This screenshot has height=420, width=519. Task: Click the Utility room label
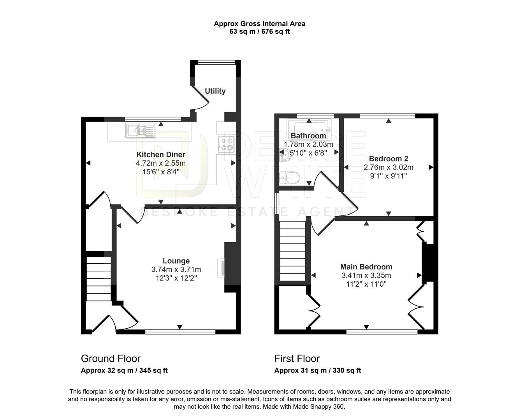tap(215, 91)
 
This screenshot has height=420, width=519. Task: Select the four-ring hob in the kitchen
tap(226, 144)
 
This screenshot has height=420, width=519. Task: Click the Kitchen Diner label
tap(160, 154)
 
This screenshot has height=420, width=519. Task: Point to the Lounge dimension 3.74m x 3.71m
tap(176, 269)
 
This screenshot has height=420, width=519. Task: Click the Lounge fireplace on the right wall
tap(230, 268)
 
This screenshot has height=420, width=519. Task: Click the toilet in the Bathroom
tap(291, 178)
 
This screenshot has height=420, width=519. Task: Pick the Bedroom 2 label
tap(388, 159)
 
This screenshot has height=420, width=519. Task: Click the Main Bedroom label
tap(366, 267)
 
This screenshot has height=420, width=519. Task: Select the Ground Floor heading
tap(111, 358)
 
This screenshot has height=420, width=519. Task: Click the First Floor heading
tap(297, 358)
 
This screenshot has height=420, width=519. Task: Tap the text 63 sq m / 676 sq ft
tap(259, 31)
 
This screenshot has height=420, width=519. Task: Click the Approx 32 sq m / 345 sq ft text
tap(124, 370)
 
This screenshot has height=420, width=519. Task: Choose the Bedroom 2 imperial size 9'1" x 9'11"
tap(388, 176)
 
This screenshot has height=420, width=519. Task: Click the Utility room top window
tap(216, 62)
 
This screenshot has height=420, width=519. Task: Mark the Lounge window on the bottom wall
tap(180, 332)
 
